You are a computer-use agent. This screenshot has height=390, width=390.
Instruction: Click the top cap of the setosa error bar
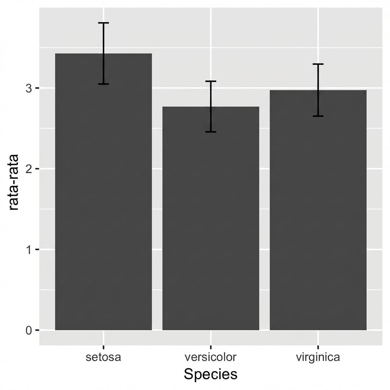(104, 23)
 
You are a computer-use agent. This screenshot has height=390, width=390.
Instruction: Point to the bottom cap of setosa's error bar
(104, 84)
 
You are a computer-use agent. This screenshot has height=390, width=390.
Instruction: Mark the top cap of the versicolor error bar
(211, 81)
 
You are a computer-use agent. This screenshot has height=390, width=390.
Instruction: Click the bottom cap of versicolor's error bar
(211, 132)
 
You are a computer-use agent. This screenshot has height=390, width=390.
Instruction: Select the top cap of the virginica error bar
(318, 64)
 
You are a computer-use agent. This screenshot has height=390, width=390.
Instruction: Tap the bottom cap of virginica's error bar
(318, 116)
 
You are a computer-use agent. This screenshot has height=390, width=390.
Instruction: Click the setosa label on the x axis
(104, 357)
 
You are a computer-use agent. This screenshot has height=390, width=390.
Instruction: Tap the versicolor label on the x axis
(211, 357)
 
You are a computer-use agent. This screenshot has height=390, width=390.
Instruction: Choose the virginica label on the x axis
(318, 357)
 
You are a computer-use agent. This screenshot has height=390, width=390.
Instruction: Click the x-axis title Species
(211, 374)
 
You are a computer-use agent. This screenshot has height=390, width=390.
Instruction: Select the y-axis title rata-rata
(14, 182)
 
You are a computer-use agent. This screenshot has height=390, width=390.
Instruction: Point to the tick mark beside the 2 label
(37, 169)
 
